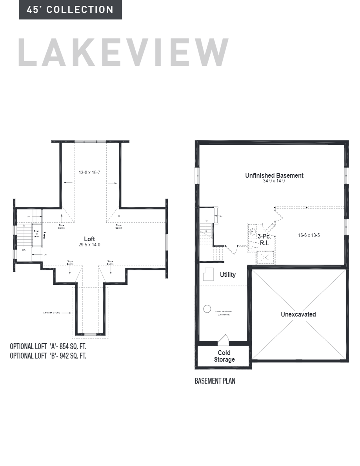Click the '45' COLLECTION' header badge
tap(70, 10)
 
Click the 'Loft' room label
tap(89, 239)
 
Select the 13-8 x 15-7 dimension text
tap(89, 172)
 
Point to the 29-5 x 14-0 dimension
tap(89, 244)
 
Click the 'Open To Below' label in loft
tap(36, 234)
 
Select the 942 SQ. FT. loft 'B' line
tap(48, 356)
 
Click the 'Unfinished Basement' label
tap(274, 175)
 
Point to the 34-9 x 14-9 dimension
tap(274, 181)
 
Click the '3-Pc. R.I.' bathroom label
tap(264, 240)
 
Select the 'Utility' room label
tap(227, 275)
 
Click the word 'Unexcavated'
tap(298, 314)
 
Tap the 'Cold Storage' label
tap(224, 356)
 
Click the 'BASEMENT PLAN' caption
tap(215, 381)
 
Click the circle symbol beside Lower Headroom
tap(207, 309)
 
